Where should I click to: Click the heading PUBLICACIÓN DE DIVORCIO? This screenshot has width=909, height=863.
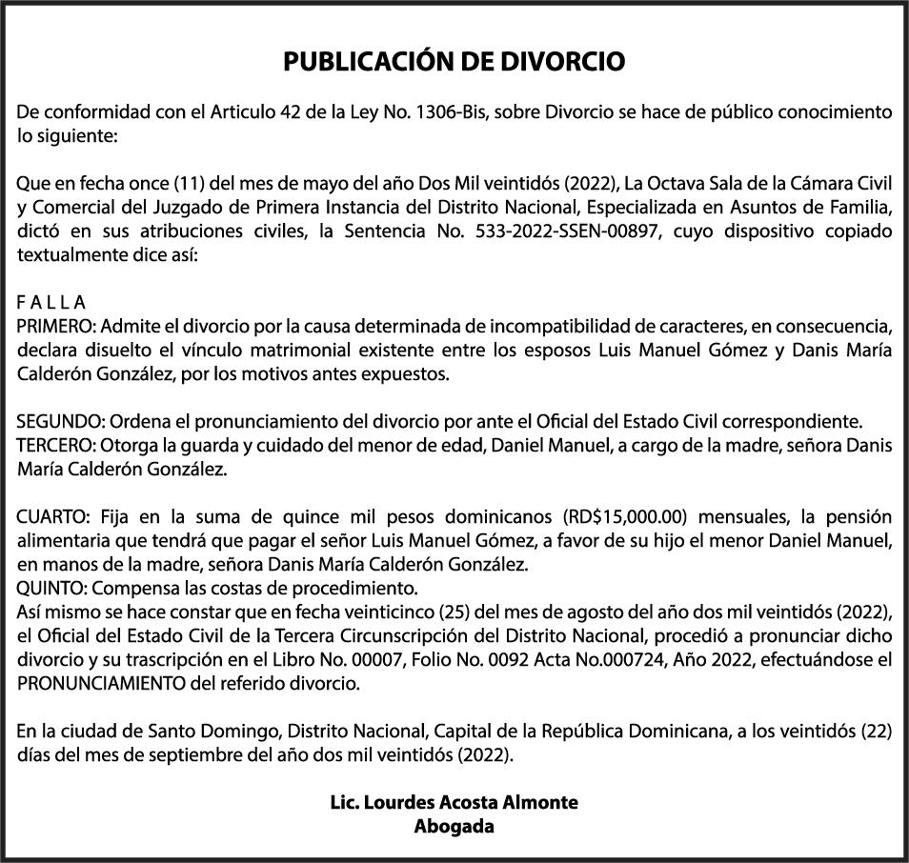[x=454, y=63]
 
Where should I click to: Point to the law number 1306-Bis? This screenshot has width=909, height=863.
[x=452, y=112]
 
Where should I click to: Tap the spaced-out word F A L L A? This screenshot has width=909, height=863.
[x=51, y=303]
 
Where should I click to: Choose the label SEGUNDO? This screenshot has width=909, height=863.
[x=59, y=421]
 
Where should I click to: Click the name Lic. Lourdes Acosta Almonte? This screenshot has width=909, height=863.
[x=454, y=802]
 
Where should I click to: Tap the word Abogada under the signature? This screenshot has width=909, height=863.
[x=454, y=826]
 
